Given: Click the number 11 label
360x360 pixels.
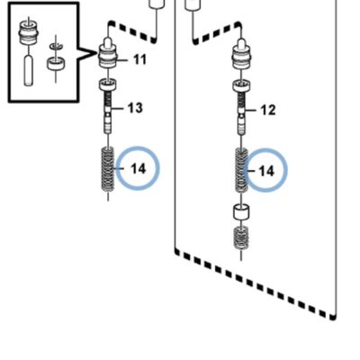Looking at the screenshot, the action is pos(139,59).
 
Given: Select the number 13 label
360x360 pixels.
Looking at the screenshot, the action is pos(135,108).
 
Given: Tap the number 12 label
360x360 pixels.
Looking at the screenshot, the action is pos(268,110).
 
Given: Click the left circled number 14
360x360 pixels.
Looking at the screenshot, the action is pos(139,169).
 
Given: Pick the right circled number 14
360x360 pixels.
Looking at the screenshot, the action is pos(266,171).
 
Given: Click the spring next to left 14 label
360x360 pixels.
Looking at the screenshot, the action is pos(108,169).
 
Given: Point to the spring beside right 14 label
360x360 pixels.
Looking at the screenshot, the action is pos(241,170).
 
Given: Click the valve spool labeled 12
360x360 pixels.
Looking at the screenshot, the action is pos(241,114).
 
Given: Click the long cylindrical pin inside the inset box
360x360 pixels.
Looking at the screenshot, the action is pos(28,70).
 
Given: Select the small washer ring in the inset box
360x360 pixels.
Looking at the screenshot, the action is pos(56,46).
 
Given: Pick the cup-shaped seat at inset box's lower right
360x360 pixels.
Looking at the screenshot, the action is pos(56,64).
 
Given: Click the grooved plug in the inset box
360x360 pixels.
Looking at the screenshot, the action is pos(28,32).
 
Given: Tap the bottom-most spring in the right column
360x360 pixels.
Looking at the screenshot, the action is pos(241,238).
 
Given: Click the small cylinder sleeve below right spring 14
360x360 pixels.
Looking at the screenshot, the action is pos(241,212).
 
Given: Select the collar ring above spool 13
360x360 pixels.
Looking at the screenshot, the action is pos(108,85).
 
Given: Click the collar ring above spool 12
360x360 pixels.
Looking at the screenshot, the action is pos(241,85).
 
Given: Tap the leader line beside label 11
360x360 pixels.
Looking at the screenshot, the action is pos(121,60).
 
